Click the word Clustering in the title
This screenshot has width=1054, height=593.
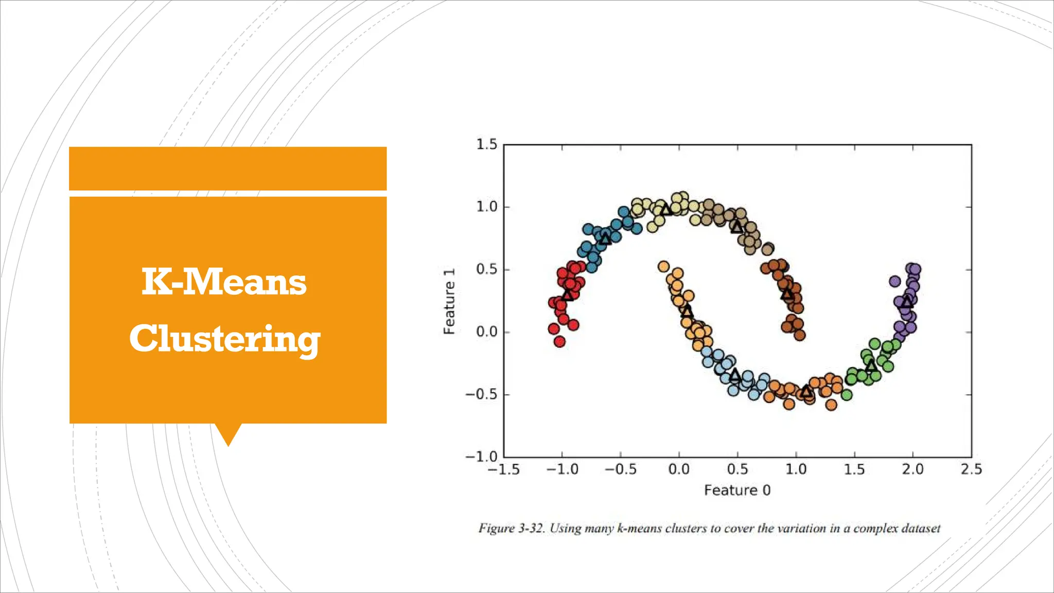[225, 339]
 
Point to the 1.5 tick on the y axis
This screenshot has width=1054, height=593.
[486, 145]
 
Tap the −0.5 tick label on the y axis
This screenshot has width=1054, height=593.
[481, 395]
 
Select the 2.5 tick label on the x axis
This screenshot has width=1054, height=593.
[971, 469]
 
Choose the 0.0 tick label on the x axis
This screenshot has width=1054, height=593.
[679, 469]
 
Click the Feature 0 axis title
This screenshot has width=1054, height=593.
[737, 490]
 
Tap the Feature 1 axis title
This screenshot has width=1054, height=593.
[449, 301]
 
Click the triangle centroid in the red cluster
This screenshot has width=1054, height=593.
[567, 294]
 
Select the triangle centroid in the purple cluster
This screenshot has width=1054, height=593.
[907, 301]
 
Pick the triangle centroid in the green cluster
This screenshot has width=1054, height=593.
[870, 366]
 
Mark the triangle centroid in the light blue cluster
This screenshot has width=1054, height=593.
[735, 375]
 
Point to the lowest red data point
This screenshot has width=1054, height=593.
[559, 341]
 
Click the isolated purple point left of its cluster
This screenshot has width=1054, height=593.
[895, 281]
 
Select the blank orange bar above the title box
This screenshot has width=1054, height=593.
[227, 168]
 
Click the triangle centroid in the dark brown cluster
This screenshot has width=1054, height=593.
[787, 294]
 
